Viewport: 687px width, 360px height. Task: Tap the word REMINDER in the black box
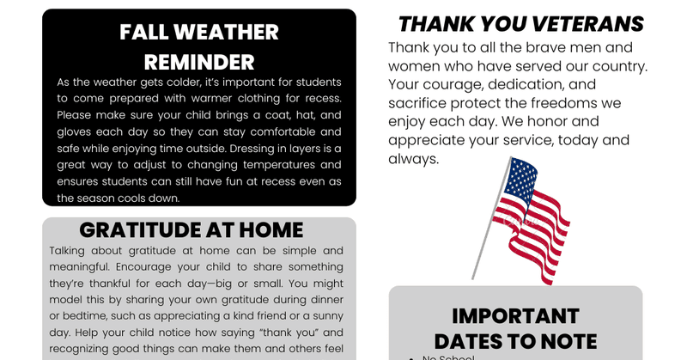199,62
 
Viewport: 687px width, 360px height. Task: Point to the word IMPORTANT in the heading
515,315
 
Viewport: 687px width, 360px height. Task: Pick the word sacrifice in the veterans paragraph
419,103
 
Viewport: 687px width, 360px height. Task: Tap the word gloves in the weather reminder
76,132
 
